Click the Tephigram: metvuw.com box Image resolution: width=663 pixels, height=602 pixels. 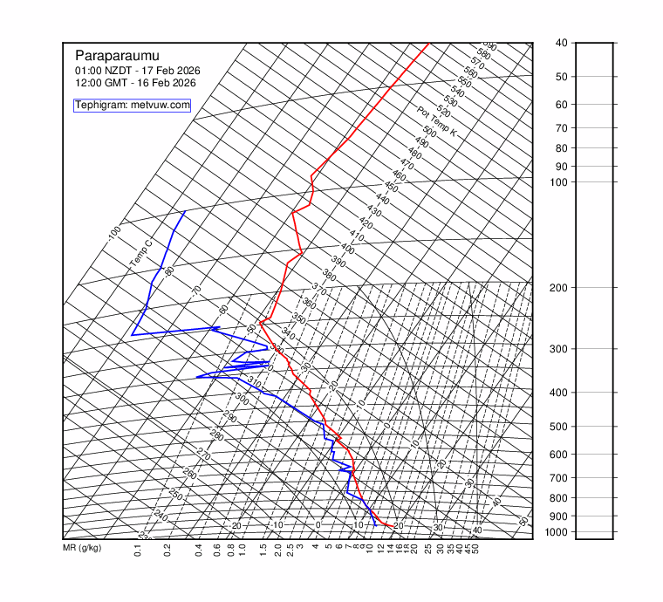(133, 105)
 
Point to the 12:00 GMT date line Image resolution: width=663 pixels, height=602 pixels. (135, 83)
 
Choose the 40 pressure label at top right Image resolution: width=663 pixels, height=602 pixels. (561, 43)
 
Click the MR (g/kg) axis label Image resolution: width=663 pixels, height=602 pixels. (82, 548)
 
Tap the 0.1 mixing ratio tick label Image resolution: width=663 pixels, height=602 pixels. (138, 550)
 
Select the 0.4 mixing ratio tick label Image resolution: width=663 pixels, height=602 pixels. (199, 550)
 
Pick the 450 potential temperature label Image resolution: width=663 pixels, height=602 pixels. (391, 188)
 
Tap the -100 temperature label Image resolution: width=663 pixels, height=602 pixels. (114, 234)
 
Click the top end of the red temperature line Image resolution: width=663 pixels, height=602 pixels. (428, 44)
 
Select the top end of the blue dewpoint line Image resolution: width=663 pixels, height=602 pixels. (185, 211)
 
